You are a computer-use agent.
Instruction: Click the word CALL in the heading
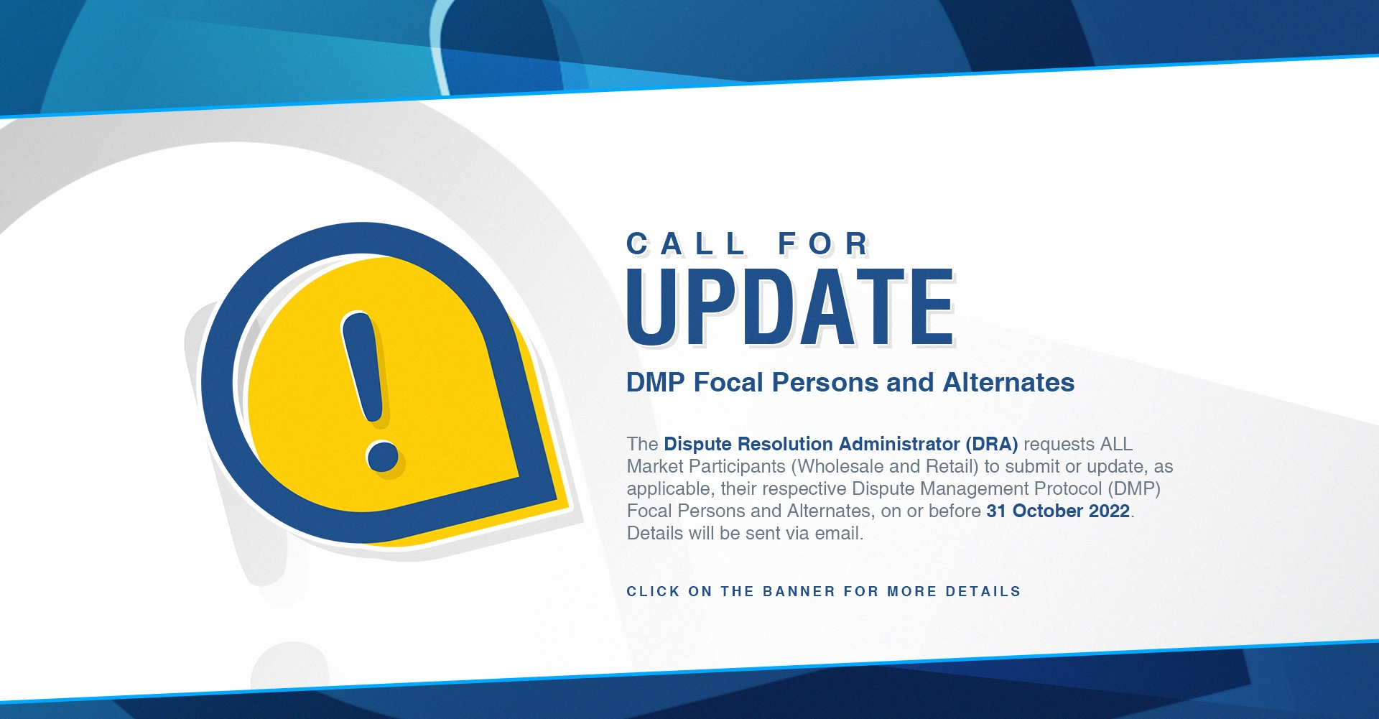tap(686, 244)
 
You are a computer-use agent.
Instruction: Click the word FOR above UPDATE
tap(824, 244)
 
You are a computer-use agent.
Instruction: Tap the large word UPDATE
tap(790, 307)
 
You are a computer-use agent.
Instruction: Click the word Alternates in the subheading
tap(1008, 383)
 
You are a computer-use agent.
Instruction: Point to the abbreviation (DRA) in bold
tap(992, 445)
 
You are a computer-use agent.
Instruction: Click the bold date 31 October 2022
tap(1058, 511)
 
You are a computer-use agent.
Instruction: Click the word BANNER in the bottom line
tap(799, 592)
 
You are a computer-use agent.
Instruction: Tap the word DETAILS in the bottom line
tap(983, 592)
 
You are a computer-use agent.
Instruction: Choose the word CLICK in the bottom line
tap(653, 592)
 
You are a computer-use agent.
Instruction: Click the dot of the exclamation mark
tap(382, 455)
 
